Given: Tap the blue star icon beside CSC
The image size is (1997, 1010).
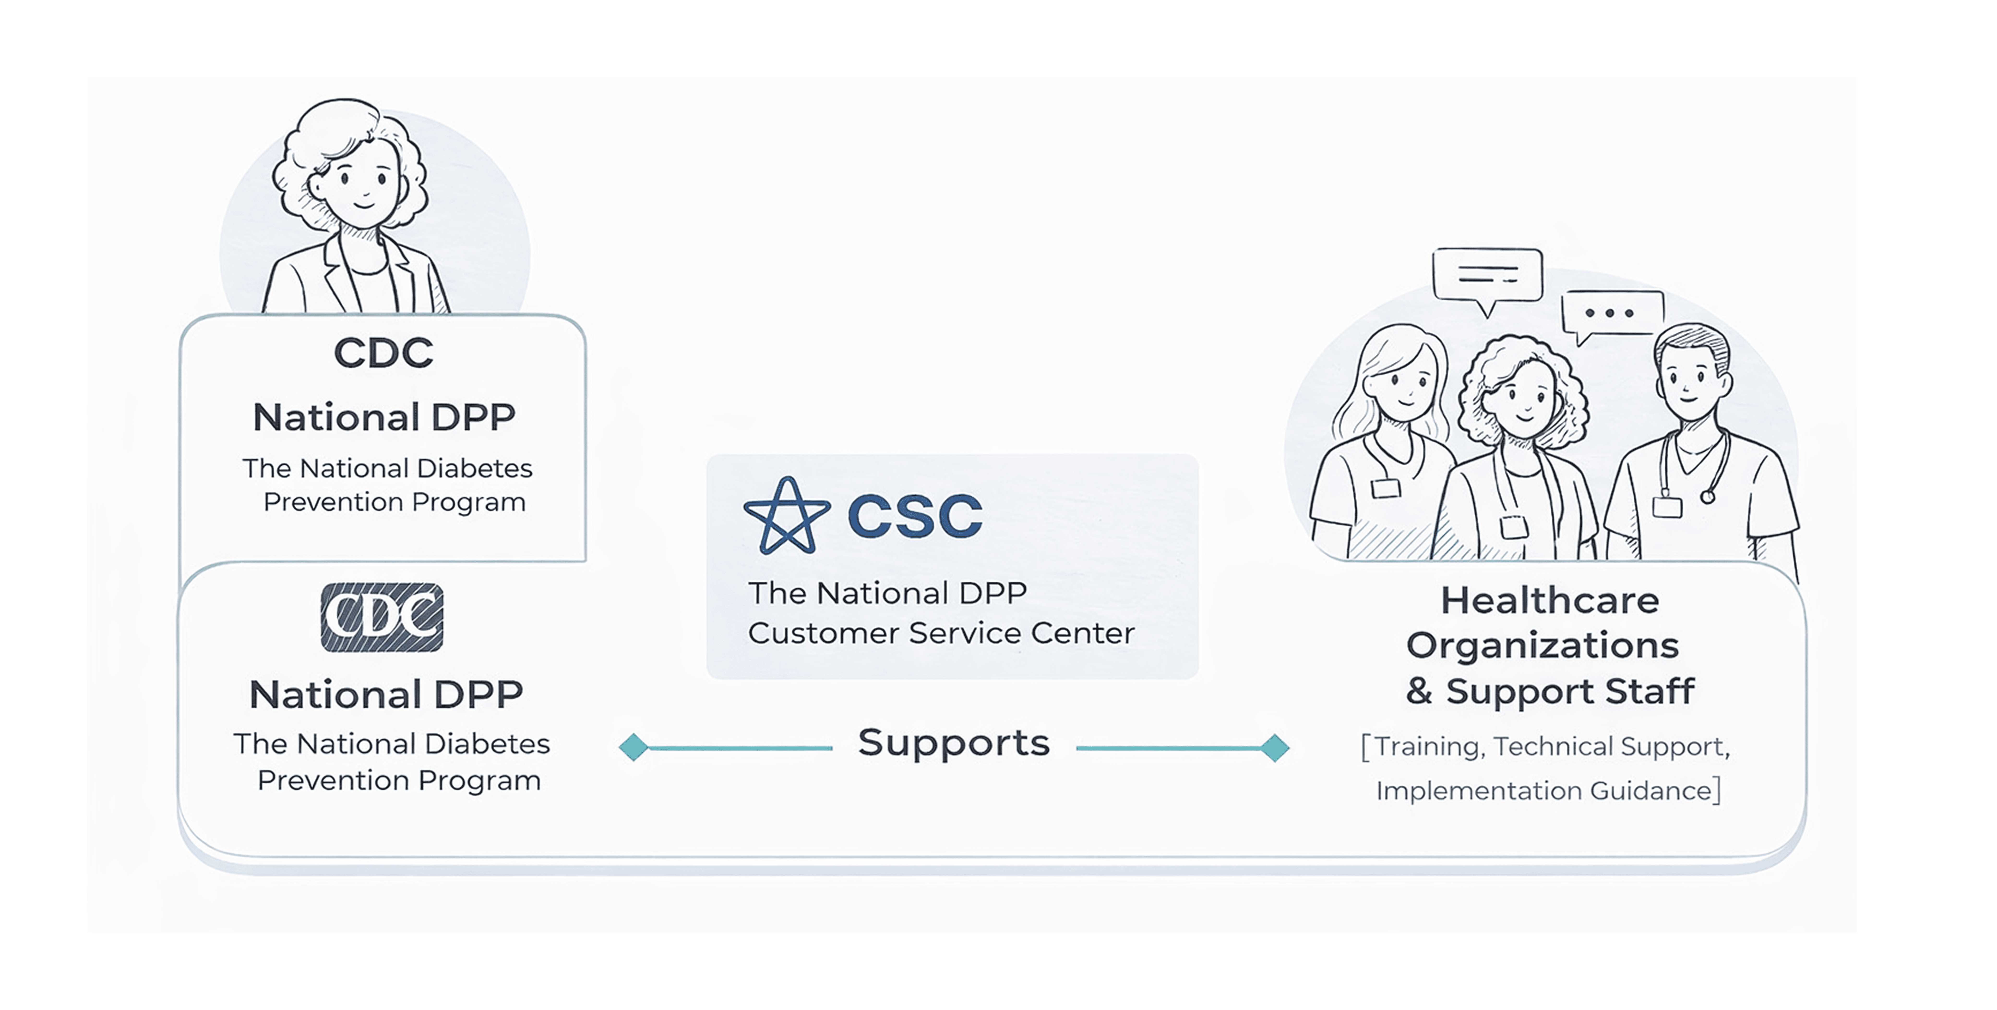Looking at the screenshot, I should (787, 516).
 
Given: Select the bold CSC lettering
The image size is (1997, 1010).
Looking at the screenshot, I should (915, 516).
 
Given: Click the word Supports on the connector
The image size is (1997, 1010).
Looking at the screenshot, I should (954, 743).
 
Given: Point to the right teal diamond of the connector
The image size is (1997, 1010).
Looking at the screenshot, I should (1274, 748).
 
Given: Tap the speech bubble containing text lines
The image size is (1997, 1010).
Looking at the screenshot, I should (1487, 275).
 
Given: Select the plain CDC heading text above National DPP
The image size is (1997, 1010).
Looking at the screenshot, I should (383, 353).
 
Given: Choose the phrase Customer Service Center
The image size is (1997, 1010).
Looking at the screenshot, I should (941, 633).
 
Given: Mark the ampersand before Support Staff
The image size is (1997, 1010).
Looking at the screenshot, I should (1419, 690).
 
